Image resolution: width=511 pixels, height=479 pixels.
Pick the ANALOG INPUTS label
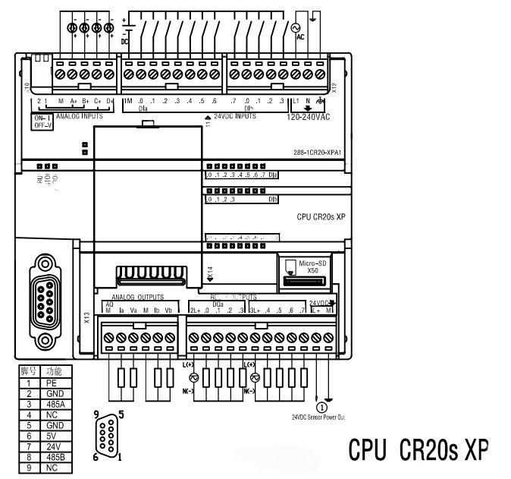[x=79, y=117]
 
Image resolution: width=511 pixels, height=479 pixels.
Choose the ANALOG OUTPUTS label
[x=137, y=298]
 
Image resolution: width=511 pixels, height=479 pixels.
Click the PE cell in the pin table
[x=52, y=383]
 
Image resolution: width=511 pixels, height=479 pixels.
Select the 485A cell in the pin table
[x=52, y=405]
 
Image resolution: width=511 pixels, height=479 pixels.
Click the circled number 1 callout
[x=321, y=406]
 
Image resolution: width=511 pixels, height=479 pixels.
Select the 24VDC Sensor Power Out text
[x=318, y=417]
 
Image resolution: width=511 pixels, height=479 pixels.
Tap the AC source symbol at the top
[x=296, y=28]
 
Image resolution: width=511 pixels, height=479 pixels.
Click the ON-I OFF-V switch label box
[x=41, y=122]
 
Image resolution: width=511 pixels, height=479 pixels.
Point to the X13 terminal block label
[x=87, y=317]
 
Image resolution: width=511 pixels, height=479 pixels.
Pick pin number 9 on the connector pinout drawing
[x=96, y=415]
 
